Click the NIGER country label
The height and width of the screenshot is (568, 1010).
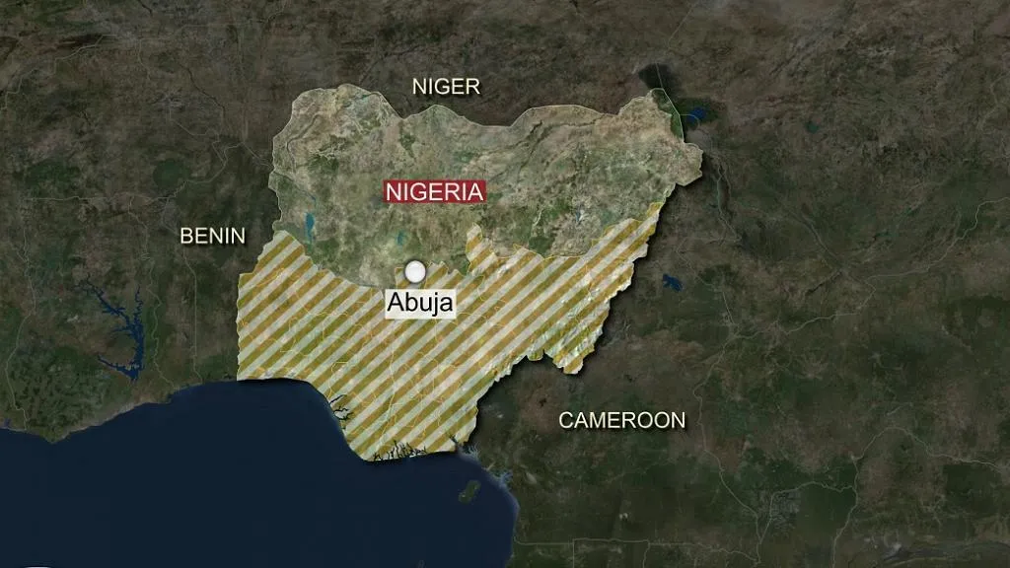coord(446,87)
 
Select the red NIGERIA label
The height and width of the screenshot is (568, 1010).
coord(435,191)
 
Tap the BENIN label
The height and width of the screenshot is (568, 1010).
coord(212,235)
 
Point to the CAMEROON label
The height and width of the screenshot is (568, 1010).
coord(621,420)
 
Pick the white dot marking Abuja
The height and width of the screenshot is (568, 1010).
coord(415,270)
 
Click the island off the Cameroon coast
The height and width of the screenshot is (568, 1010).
coord(470,490)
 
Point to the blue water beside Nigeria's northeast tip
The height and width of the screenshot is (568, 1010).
coord(692,116)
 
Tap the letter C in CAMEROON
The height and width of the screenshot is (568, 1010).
coord(566,420)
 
